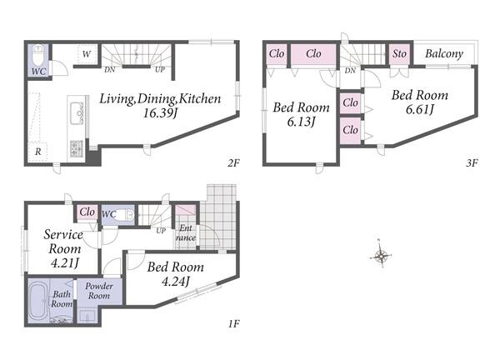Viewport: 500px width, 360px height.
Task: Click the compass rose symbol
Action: [x=381, y=255]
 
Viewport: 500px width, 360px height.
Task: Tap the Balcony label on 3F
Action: [x=444, y=53]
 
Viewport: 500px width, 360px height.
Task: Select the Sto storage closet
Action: [x=399, y=54]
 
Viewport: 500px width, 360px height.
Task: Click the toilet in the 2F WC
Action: [x=38, y=55]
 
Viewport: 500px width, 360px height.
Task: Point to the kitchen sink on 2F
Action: [x=77, y=113]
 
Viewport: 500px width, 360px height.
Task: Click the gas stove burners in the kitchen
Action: [x=76, y=148]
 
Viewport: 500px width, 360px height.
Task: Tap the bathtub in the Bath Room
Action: [x=38, y=301]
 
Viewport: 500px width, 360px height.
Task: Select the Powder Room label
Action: [x=99, y=291]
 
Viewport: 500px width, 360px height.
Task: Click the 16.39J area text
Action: [x=160, y=113]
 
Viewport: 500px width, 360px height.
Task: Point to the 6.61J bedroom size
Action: [x=420, y=109]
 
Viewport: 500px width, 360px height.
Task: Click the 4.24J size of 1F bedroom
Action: [x=175, y=281]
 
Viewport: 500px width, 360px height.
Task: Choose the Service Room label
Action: [x=64, y=242]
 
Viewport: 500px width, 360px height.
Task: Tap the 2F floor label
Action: [x=233, y=163]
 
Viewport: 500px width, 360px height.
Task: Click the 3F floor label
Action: [x=472, y=163]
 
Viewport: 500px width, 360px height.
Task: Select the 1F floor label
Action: [x=233, y=324]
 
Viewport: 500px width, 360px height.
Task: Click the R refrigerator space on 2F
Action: [x=38, y=152]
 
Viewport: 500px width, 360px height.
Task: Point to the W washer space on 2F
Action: [x=87, y=54]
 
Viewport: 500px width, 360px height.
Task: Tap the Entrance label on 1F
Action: [x=186, y=232]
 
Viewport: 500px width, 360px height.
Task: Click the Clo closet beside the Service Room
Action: [x=87, y=212]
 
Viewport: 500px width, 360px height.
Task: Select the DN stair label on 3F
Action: [x=350, y=71]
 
